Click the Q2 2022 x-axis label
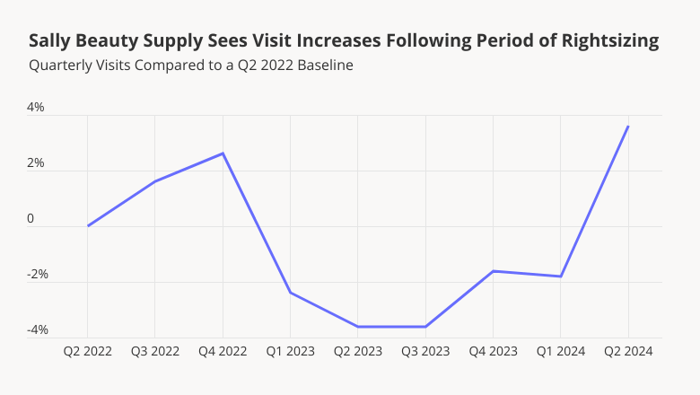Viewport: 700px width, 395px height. click(87, 351)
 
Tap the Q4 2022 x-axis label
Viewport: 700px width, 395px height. click(223, 351)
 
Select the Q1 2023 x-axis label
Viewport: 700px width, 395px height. click(290, 351)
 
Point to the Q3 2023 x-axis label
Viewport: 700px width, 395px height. click(425, 351)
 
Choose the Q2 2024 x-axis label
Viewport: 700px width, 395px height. click(628, 351)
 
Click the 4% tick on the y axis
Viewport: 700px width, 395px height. click(35, 108)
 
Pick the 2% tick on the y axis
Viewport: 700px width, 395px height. click(35, 163)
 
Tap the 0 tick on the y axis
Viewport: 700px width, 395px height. click(31, 219)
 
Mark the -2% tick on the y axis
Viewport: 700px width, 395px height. click(37, 275)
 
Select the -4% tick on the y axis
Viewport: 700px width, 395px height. click(37, 330)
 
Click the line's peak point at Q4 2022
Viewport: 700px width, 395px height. click(223, 154)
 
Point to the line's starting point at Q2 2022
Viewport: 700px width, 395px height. click(88, 225)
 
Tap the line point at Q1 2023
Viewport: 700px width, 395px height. click(290, 293)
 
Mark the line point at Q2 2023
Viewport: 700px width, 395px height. click(358, 327)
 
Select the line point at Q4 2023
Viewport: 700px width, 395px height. click(493, 271)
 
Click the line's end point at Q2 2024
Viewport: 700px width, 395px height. click(628, 127)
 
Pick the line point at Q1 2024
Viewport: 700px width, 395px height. click(561, 276)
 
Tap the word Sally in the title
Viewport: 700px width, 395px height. click(48, 41)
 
